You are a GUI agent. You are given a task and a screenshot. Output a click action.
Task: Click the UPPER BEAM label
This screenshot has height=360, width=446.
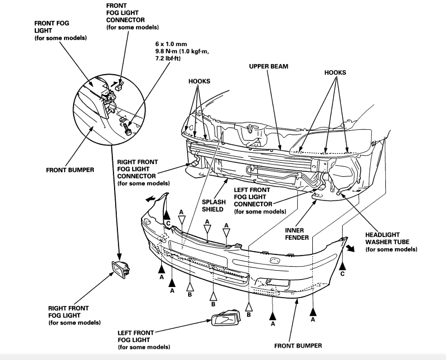click(x=268, y=66)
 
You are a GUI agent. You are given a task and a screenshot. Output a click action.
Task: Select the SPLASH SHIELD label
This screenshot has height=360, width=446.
click(x=207, y=204)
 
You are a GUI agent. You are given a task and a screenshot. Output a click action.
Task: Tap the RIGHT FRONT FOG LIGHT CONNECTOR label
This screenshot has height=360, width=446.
click(x=138, y=171)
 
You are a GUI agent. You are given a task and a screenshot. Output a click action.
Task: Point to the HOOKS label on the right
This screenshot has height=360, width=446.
click(x=335, y=72)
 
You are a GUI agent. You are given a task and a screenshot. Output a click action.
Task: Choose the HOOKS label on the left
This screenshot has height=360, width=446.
click(x=199, y=81)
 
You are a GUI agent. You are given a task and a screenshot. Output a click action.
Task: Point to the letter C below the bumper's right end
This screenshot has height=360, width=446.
click(x=343, y=275)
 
